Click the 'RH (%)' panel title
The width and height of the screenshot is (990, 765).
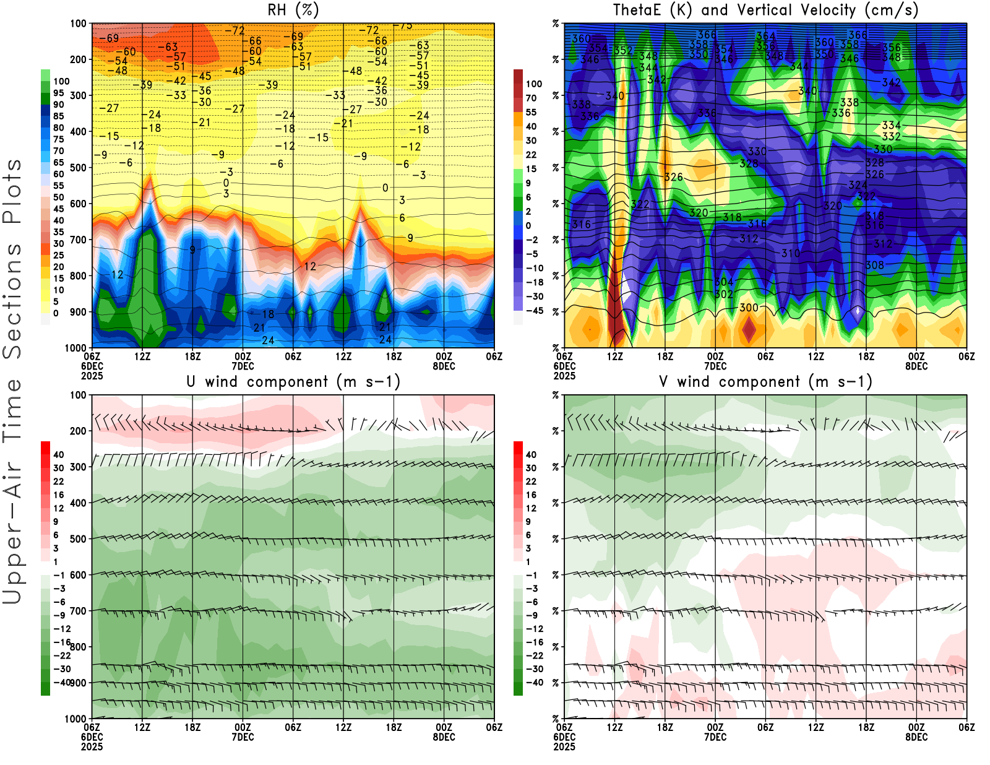coord(293,10)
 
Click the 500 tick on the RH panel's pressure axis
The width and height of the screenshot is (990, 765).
coord(79,168)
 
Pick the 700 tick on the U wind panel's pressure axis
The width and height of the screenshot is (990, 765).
coord(79,611)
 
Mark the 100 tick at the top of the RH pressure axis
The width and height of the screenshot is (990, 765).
coord(79,24)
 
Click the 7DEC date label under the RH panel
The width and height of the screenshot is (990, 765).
coord(243,366)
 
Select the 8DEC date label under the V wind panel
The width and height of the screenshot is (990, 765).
coord(916,737)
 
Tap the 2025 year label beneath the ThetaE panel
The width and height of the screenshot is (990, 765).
coord(564,376)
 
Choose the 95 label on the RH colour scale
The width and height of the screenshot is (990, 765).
coord(58,93)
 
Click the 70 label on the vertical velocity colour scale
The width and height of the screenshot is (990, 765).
coord(531,98)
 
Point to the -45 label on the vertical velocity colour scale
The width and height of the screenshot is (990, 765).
coord(534,311)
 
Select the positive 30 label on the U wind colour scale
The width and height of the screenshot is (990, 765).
coord(58,468)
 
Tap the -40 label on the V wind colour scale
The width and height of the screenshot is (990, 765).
coord(534,683)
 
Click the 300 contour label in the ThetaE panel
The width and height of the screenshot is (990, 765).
coord(749,308)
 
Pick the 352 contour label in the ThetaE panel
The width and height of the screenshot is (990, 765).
coord(623,51)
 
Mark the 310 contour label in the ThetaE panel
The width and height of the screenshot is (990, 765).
coord(790,253)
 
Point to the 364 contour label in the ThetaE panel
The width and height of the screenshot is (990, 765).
coord(765,37)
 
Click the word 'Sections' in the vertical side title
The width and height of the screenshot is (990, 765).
coord(12,300)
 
